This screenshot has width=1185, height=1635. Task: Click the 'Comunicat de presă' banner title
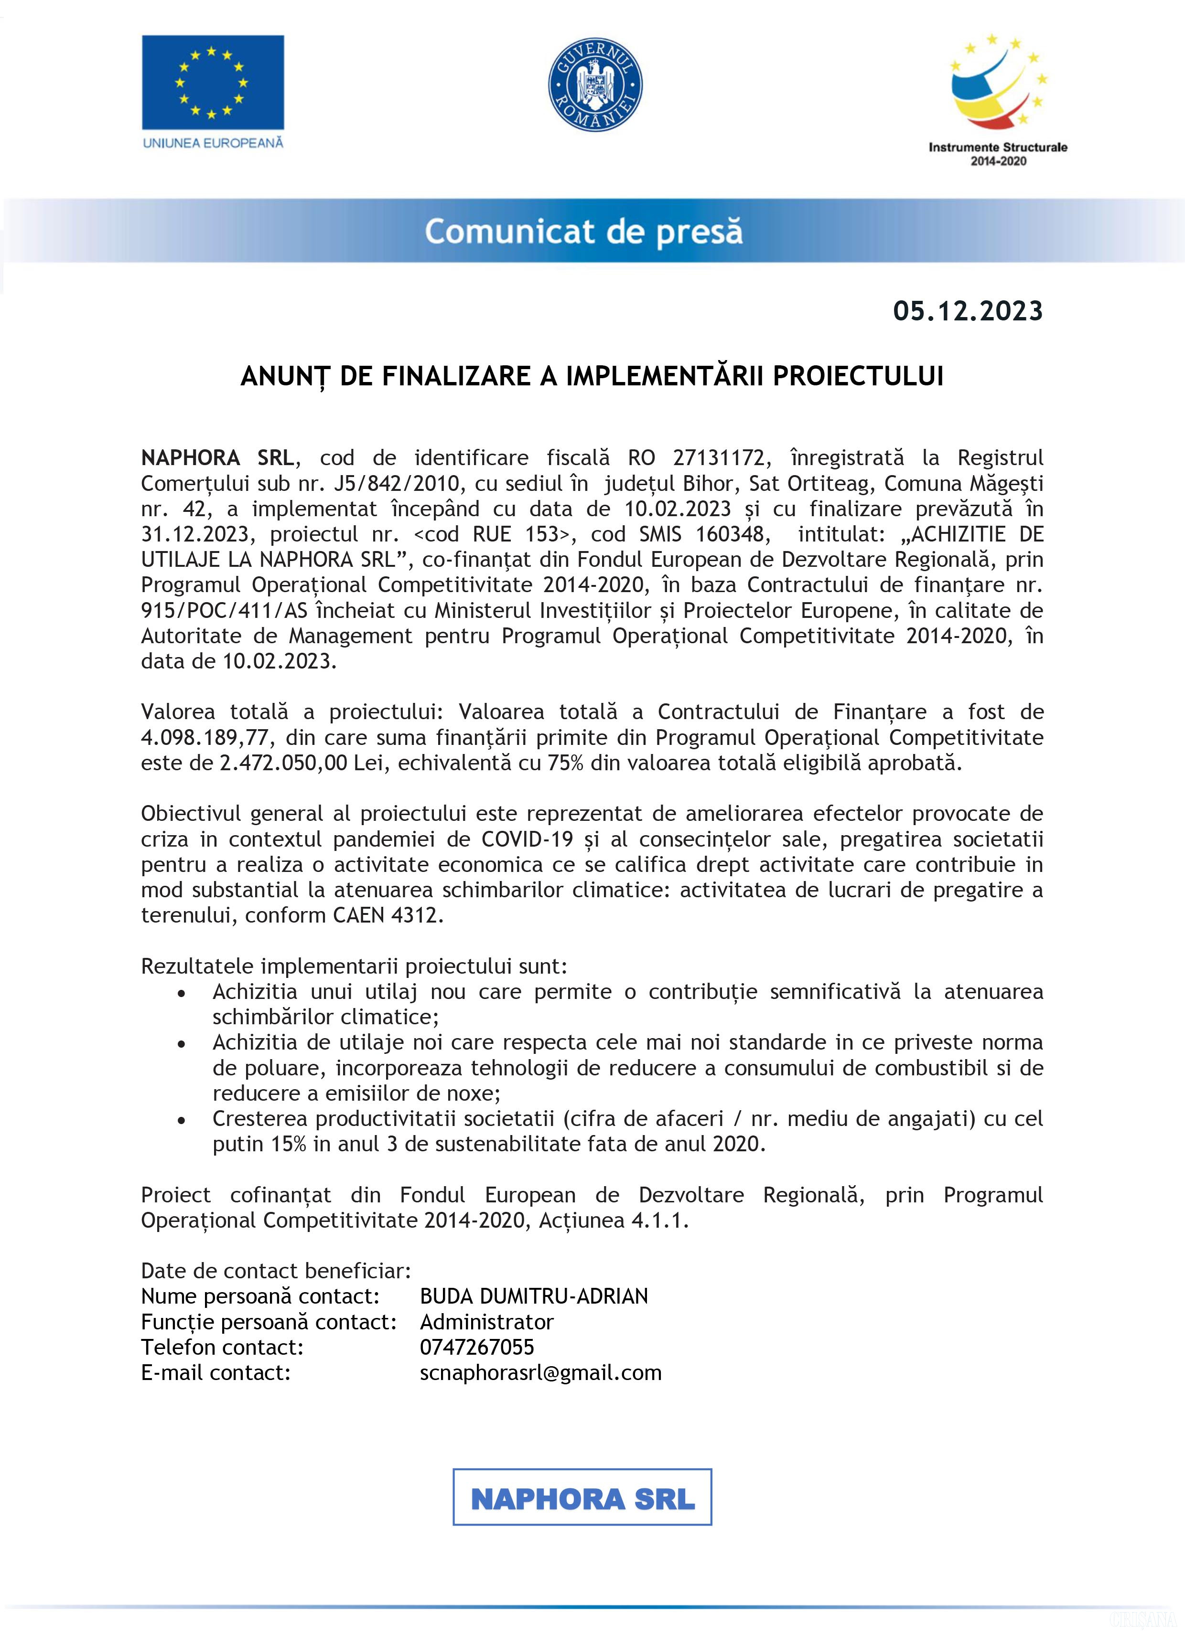[583, 232]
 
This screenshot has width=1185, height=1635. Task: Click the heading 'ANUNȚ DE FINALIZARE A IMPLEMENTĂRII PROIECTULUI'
[592, 376]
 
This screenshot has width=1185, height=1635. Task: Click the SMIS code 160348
[732, 534]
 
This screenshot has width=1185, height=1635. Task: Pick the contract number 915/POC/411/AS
[224, 611]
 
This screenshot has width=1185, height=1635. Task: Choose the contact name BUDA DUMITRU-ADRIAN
[534, 1296]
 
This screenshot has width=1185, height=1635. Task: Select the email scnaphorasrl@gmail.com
[540, 1372]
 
